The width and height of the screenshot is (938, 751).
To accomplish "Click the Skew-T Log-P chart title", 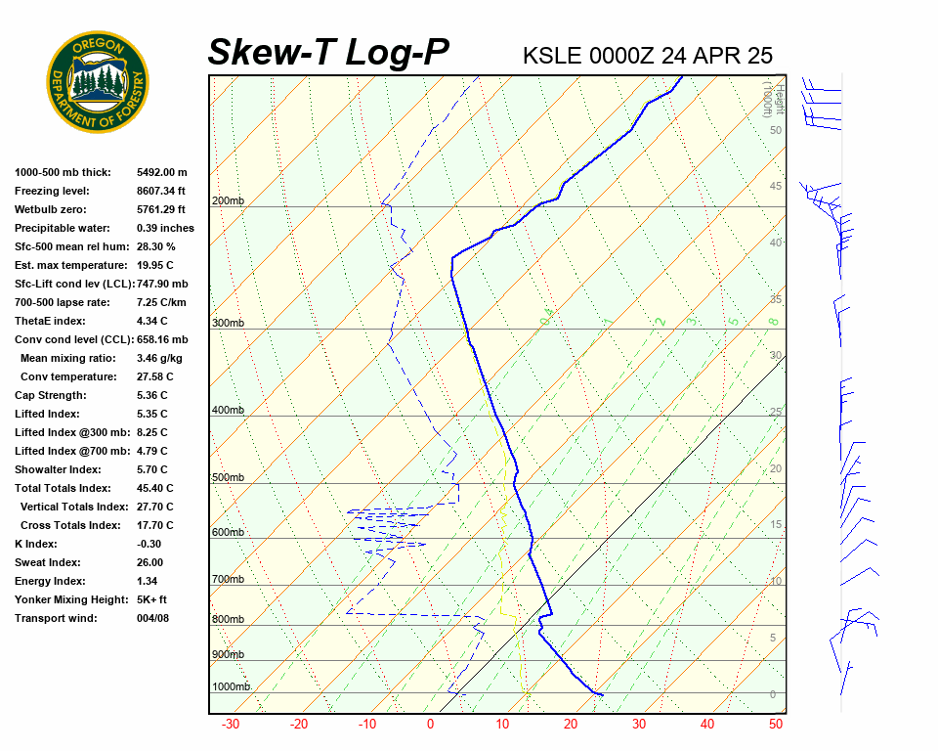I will click(328, 53).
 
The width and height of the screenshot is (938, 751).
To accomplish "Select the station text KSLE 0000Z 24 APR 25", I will click(648, 56).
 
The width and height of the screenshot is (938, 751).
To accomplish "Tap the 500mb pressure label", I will click(229, 478).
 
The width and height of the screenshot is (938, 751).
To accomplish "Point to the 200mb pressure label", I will click(229, 201).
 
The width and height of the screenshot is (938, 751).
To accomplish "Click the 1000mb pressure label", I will click(232, 687).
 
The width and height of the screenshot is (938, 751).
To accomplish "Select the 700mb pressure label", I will click(229, 580).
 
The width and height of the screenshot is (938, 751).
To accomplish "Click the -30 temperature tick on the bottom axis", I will click(231, 725).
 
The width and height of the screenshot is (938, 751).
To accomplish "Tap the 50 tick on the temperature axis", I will click(776, 725).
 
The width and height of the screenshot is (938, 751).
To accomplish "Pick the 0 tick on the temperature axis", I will click(430, 725).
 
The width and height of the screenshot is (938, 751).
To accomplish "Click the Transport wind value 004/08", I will click(153, 618).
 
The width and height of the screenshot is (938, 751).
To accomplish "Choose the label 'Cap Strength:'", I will click(50, 395).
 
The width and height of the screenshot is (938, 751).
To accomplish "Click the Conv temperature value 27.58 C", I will click(154, 376).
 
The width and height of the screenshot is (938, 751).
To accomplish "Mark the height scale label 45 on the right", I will click(776, 187).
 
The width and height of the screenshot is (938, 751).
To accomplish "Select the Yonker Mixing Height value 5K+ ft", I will click(151, 599).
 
